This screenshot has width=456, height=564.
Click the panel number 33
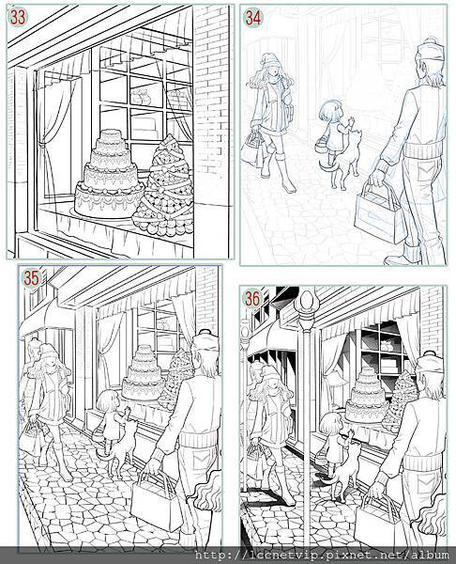click(x=18, y=17)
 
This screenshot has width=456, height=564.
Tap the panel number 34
click(x=253, y=18)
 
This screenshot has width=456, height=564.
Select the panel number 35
click(x=32, y=278)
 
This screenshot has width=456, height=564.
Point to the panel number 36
click(x=252, y=299)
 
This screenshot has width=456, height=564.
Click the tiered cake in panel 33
click(x=109, y=175)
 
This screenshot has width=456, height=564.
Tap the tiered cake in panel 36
click(x=367, y=396)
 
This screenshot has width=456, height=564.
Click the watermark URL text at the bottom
click(x=321, y=555)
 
